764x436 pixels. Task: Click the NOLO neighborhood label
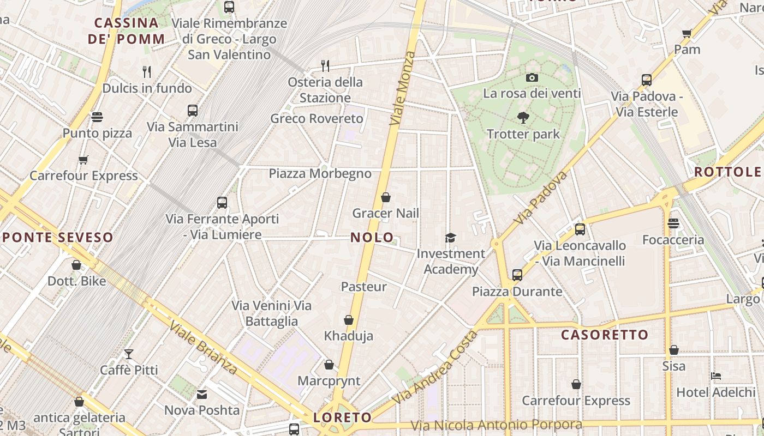click(372, 237)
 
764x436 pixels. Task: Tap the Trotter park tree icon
click(523, 117)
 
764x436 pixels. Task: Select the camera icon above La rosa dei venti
click(532, 78)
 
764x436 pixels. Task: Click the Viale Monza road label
click(402, 88)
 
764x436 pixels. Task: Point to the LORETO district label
click(342, 417)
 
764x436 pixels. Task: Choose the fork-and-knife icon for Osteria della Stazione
click(325, 66)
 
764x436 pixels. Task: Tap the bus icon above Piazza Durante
click(517, 275)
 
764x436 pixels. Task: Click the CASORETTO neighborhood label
click(605, 335)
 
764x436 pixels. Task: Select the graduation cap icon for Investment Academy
click(450, 238)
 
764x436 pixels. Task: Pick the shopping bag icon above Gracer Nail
click(386, 197)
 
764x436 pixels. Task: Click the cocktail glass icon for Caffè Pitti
click(129, 354)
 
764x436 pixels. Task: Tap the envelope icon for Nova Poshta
click(202, 394)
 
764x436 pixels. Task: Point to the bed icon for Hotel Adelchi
click(716, 376)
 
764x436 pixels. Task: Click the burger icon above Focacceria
click(673, 223)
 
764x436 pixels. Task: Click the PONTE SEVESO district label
click(58, 237)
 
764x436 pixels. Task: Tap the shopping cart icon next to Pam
click(687, 34)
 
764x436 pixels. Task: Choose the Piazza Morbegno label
click(320, 173)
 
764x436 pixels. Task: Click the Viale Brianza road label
click(203, 348)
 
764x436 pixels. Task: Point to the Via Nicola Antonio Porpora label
click(496, 425)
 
